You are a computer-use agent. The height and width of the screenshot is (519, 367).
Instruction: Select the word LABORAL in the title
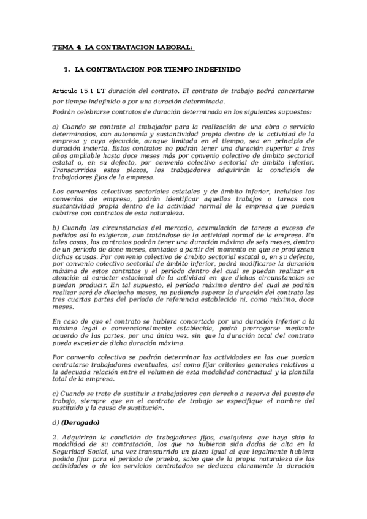point(174,47)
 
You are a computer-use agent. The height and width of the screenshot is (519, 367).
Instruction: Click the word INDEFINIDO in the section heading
point(214,69)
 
